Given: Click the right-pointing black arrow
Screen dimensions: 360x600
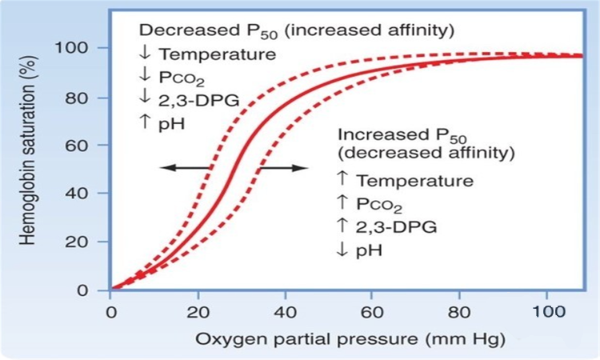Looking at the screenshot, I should point(284,167).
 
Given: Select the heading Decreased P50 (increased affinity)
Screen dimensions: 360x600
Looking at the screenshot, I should point(297,30).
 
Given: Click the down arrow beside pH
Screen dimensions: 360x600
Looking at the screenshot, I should point(342,250).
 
